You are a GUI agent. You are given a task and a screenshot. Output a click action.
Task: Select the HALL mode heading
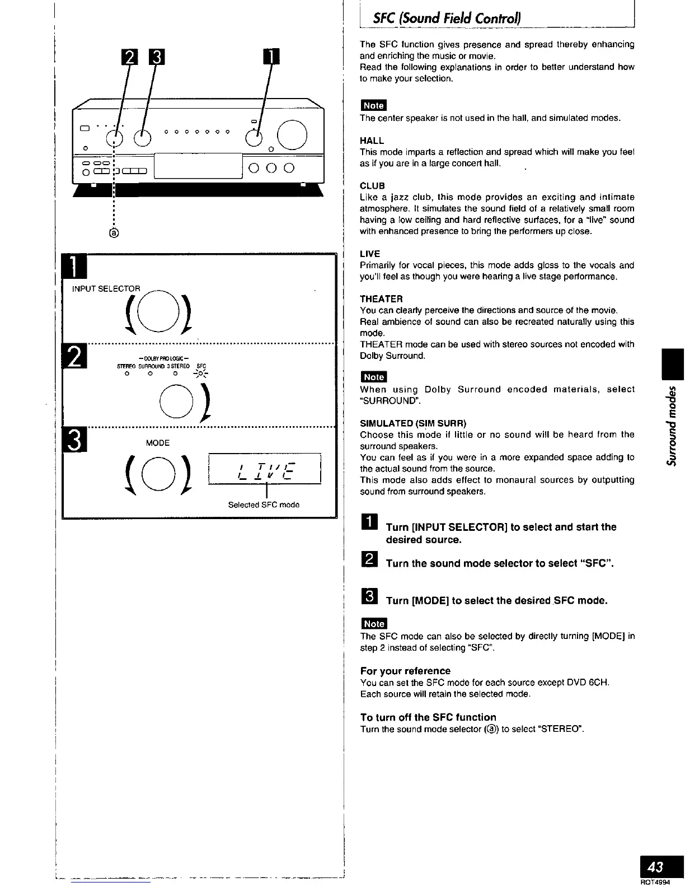372,141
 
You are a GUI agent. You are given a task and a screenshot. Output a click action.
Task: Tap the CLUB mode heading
372,186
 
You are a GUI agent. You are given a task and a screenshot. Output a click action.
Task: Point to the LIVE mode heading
370,254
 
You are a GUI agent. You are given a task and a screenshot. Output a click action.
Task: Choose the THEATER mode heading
381,299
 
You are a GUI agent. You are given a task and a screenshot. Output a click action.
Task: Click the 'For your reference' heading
405,671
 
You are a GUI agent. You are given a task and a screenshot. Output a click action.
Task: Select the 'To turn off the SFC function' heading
428,717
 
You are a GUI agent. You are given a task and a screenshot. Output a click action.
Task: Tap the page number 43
655,867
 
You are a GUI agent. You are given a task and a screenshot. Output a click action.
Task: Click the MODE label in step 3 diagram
157,443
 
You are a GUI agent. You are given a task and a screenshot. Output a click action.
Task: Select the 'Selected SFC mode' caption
264,505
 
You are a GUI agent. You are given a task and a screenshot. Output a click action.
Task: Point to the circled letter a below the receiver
114,232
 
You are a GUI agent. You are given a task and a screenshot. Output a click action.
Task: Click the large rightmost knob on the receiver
292,136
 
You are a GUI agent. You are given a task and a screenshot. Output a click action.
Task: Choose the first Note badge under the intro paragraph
373,105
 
